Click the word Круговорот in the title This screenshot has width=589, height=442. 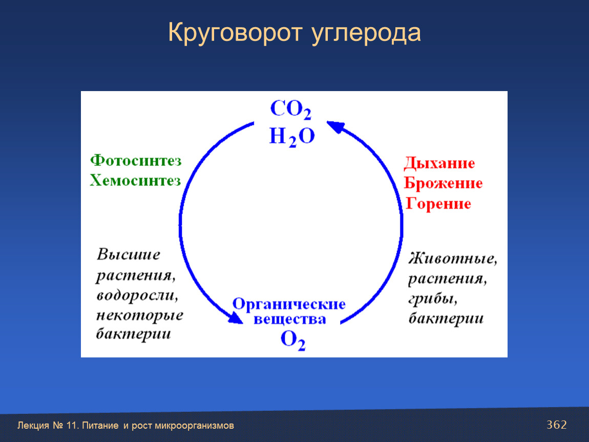click(x=235, y=33)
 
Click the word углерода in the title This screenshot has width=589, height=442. click(x=366, y=34)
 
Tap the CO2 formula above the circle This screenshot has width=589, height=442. click(x=291, y=109)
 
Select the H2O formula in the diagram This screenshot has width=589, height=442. click(x=292, y=137)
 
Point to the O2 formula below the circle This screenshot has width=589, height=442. click(x=293, y=340)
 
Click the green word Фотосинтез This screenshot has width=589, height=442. click(x=136, y=160)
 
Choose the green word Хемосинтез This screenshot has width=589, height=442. click(x=135, y=181)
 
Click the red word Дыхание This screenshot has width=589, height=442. click(x=439, y=163)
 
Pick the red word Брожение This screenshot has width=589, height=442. click(x=443, y=183)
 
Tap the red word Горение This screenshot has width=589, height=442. click(x=438, y=204)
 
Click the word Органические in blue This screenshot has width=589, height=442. click(x=289, y=303)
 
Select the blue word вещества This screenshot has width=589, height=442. click(x=289, y=320)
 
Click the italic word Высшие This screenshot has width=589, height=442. click(x=129, y=254)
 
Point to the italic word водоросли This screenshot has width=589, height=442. click(x=137, y=295)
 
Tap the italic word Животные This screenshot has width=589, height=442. click(x=453, y=258)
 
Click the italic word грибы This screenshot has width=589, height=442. click(x=433, y=299)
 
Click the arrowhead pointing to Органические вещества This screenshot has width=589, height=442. click(x=236, y=318)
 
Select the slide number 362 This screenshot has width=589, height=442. click(x=557, y=425)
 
